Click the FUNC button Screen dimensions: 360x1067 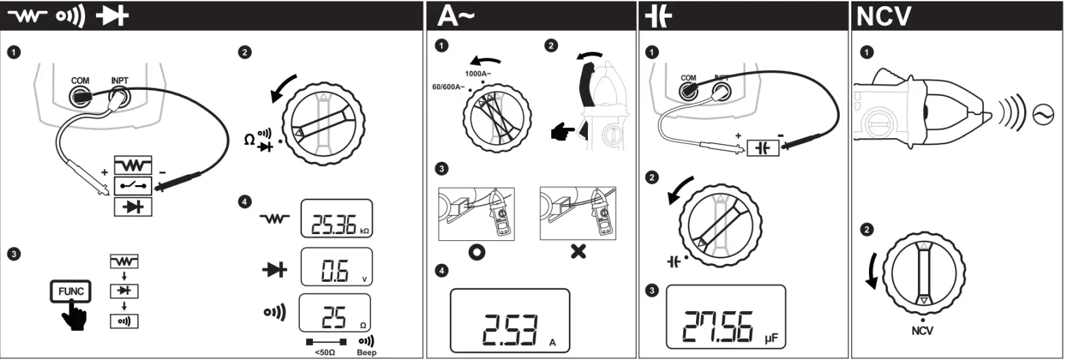coord(70,291)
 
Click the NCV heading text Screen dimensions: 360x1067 coord(883,17)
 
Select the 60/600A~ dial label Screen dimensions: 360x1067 coord(449,87)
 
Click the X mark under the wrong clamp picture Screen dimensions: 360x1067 coord(578,252)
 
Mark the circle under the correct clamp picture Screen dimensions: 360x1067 coord(476,252)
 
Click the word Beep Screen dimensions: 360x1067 coord(366,353)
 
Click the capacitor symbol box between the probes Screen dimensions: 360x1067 coord(762,147)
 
